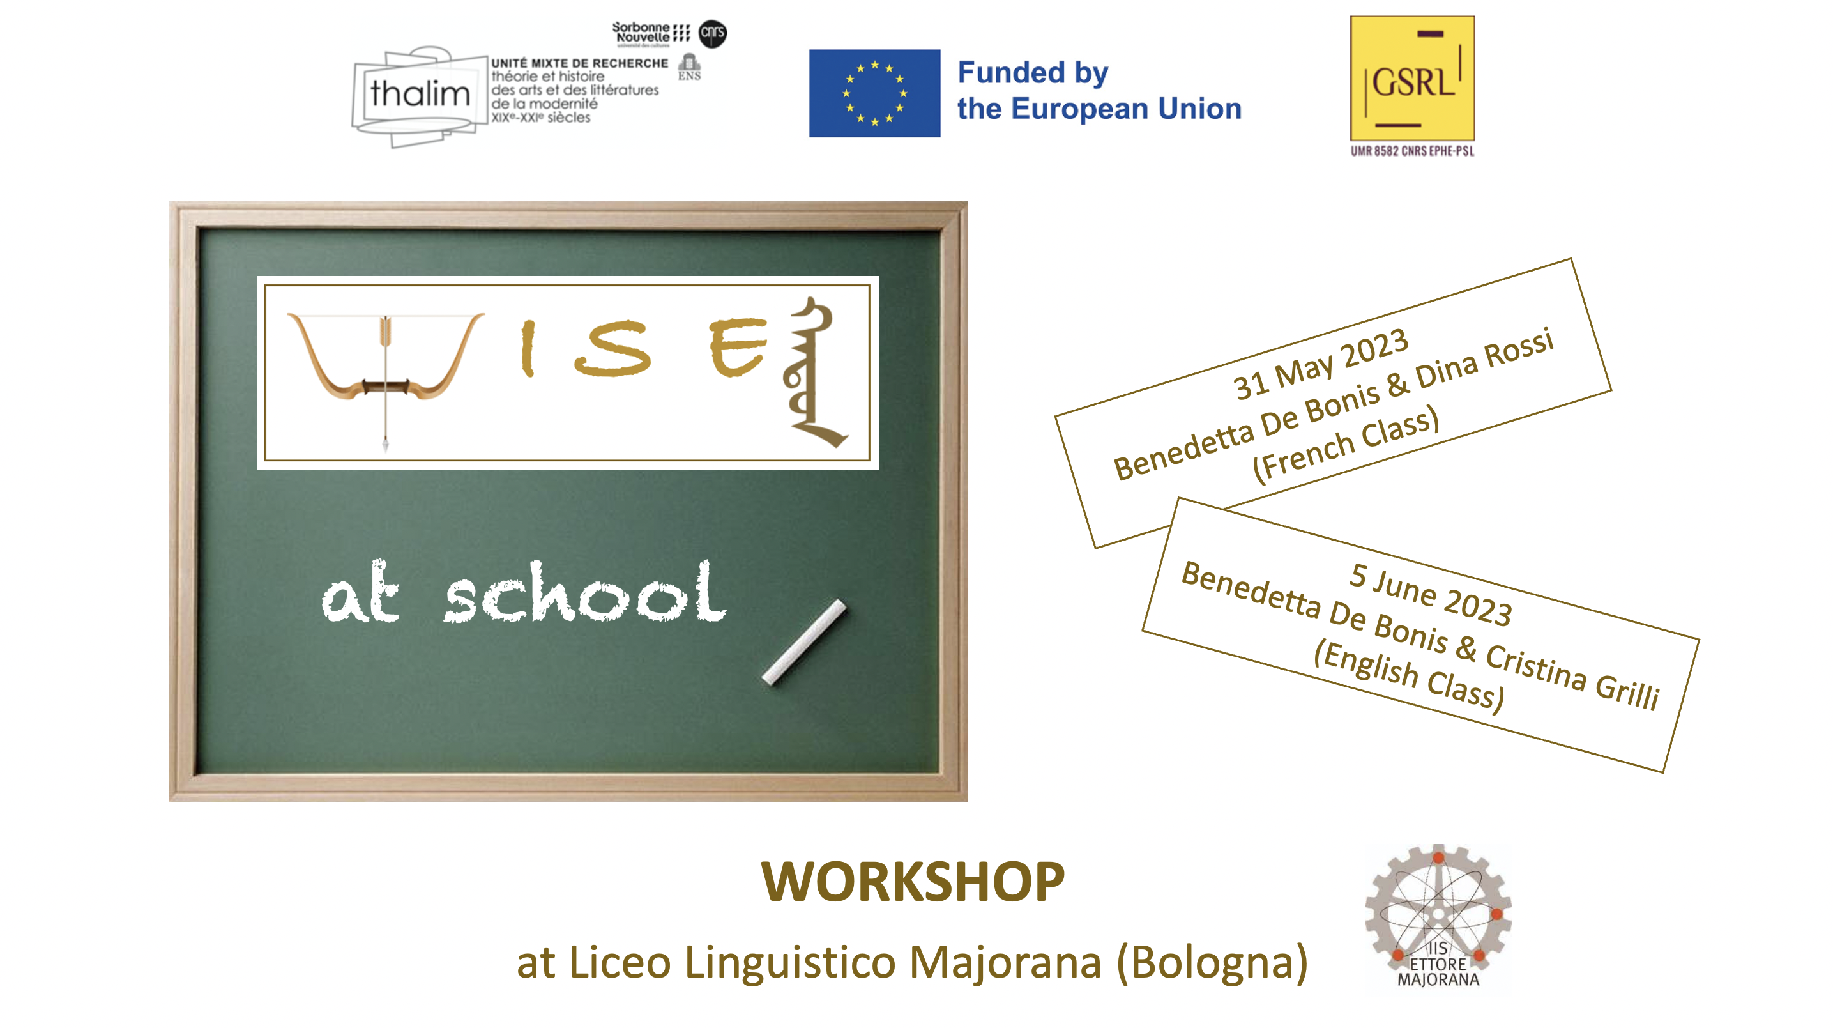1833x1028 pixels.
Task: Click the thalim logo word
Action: (x=420, y=93)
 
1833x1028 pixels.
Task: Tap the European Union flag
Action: (x=874, y=93)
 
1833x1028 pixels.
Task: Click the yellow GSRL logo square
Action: (x=1413, y=79)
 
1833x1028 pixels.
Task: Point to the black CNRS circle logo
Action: (x=713, y=33)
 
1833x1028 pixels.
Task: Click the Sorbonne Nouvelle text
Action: (x=643, y=32)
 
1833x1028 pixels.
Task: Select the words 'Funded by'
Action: (x=1033, y=73)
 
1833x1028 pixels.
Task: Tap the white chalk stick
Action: (x=804, y=642)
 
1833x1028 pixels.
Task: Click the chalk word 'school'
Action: (x=586, y=592)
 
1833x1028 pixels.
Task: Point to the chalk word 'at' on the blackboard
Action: (x=361, y=593)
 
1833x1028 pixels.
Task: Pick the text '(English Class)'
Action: (x=1409, y=675)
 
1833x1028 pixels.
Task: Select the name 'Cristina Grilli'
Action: (x=1573, y=677)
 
